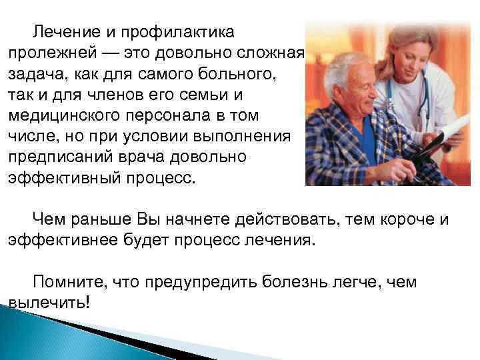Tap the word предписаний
[65, 157]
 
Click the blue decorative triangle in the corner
[33, 333]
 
